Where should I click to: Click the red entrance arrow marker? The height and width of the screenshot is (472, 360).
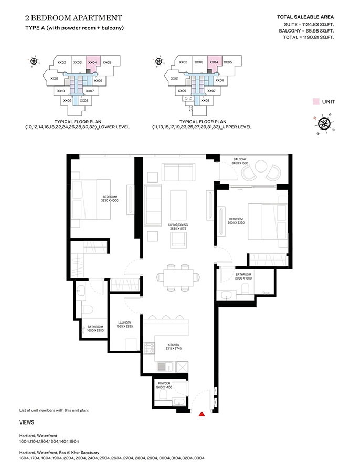(x=202, y=414)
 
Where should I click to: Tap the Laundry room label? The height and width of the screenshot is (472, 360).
(x=124, y=325)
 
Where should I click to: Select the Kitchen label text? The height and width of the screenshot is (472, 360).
(x=174, y=346)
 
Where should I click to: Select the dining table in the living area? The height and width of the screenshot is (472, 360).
(x=176, y=276)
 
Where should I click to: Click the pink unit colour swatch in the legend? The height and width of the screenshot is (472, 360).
(x=315, y=102)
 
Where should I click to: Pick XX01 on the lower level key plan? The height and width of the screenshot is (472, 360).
(x=54, y=78)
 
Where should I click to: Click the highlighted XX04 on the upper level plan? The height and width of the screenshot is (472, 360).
(x=214, y=62)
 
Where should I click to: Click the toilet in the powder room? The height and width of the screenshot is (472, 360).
(x=163, y=394)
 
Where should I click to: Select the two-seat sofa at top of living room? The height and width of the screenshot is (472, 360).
(x=178, y=171)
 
